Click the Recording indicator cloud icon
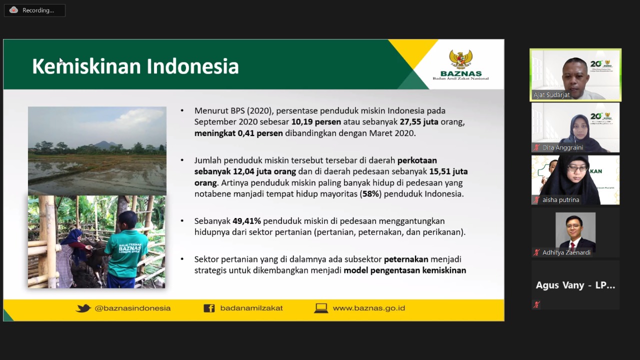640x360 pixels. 13,10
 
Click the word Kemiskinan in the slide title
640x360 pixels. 86,66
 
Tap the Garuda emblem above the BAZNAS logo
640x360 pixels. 460,59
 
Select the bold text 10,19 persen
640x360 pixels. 316,122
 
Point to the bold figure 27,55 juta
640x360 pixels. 419,122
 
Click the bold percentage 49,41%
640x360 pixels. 246,221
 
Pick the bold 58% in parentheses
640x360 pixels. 370,194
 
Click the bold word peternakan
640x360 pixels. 406,259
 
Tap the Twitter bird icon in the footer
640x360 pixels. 83,308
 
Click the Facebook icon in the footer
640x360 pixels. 209,308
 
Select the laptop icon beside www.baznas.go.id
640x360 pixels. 321,308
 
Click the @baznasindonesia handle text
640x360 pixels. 132,308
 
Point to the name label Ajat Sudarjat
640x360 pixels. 551,95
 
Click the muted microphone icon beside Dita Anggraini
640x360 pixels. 536,147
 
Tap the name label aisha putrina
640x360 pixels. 560,199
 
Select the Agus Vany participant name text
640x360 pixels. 575,285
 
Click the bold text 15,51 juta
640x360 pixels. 448,171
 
